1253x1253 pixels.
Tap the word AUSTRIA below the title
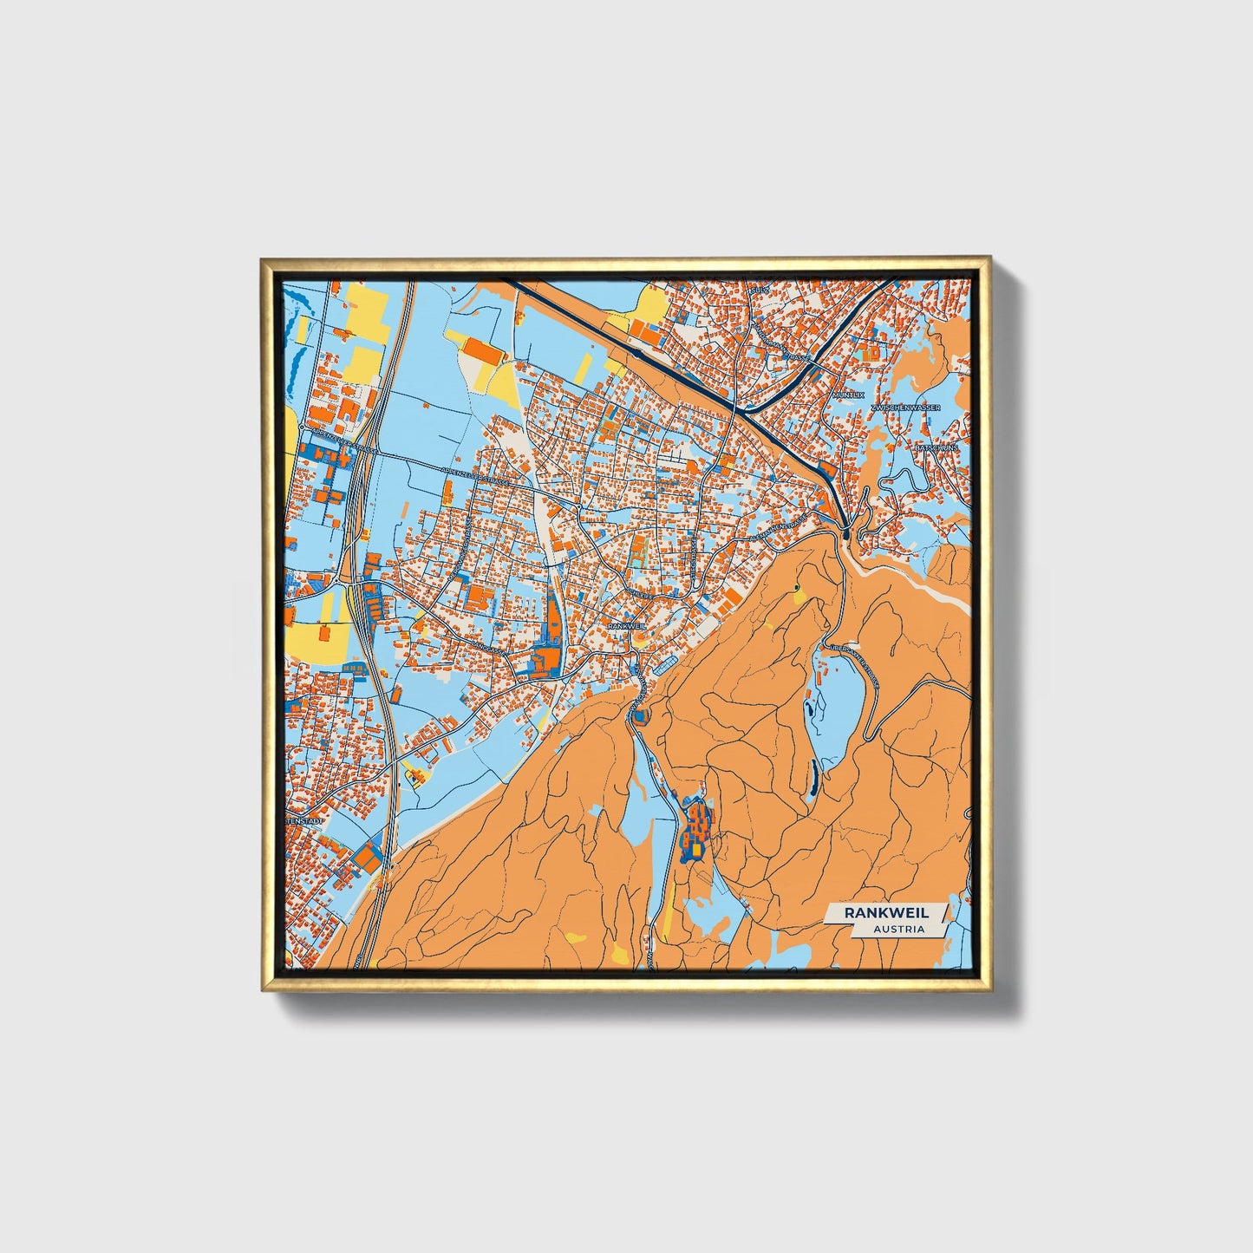tap(898, 929)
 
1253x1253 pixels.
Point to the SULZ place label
tap(760, 290)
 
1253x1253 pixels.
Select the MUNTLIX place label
tap(848, 395)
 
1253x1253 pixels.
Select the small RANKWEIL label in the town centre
tap(626, 624)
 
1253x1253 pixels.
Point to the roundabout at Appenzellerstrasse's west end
tap(301, 428)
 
